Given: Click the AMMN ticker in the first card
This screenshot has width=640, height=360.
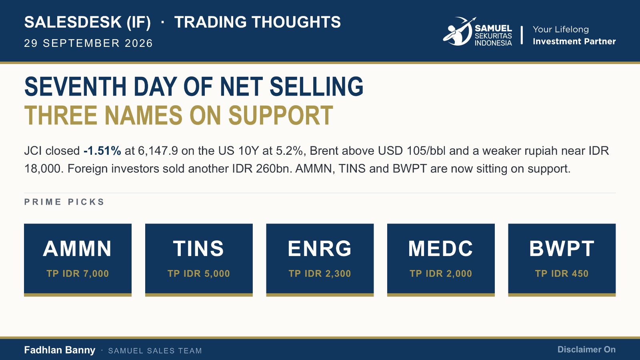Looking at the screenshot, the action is (77, 248).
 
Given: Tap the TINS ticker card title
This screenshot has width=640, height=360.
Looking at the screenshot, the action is (198, 248).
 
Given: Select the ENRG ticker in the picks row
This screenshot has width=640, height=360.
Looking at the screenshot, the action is (320, 248).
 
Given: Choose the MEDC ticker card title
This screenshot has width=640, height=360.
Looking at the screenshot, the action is (440, 248).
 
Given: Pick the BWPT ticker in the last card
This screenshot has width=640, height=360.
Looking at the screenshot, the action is (562, 248).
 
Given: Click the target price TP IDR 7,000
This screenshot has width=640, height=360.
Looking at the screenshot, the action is (78, 274).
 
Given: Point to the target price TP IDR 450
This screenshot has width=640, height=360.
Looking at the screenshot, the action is (562, 274).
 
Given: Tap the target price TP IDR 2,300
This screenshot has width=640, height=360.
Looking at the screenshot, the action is (320, 274).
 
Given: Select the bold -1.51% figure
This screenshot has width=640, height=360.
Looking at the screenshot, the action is (102, 151).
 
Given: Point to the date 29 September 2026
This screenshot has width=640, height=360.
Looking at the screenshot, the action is (88, 43).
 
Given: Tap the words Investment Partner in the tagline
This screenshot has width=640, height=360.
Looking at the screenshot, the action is (574, 42).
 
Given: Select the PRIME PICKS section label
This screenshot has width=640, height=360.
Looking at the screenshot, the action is (64, 202).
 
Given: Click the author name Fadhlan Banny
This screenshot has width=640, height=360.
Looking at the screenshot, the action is (60, 350).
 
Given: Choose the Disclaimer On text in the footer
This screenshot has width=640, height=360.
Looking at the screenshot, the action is (586, 350).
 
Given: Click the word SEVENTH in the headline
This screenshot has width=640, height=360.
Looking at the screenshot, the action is (76, 86).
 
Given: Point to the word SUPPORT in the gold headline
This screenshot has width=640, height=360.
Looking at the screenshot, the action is (281, 115).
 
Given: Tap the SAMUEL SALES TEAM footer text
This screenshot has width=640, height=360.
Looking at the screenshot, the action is (155, 350).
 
